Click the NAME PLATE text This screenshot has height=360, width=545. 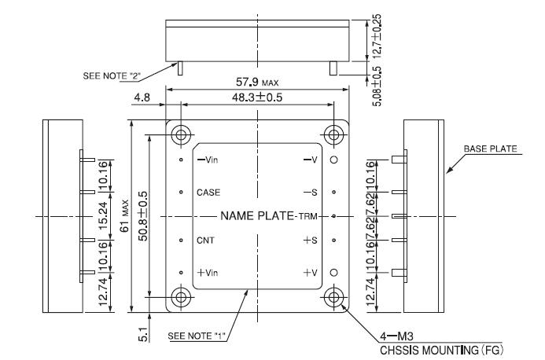pyautogui.click(x=257, y=216)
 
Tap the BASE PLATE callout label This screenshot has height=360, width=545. pyautogui.click(x=490, y=149)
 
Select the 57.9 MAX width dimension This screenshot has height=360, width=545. pyautogui.click(x=257, y=82)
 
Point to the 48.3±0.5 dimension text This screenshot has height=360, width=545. pyautogui.click(x=257, y=97)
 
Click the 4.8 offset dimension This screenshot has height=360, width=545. pyautogui.click(x=142, y=97)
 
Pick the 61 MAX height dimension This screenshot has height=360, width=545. pyautogui.click(x=124, y=216)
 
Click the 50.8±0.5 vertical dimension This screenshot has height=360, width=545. pyautogui.click(x=142, y=216)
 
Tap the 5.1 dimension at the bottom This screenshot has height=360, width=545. pyautogui.click(x=143, y=334)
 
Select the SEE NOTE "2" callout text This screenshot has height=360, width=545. pyautogui.click(x=111, y=75)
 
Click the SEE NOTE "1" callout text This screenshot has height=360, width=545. pyautogui.click(x=197, y=336)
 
